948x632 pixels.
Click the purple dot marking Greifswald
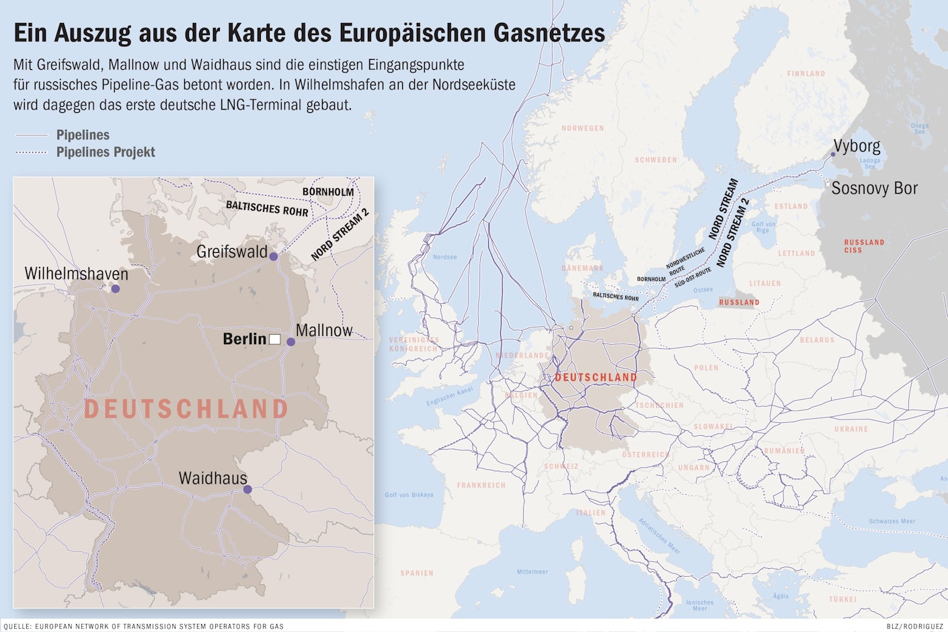pyautogui.click(x=274, y=256)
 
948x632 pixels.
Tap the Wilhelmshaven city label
pyautogui.click(x=76, y=274)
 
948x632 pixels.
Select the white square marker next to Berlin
pyautogui.click(x=274, y=339)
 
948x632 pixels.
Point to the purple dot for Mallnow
pyautogui.click(x=291, y=342)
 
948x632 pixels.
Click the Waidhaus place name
pyautogui.click(x=212, y=478)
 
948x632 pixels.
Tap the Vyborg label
pyautogui.click(x=857, y=146)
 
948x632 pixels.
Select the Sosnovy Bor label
pyautogui.click(x=874, y=188)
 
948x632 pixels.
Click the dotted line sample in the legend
pyautogui.click(x=31, y=153)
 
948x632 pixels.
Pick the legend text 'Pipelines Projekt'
pyautogui.click(x=106, y=152)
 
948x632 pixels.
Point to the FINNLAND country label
pyautogui.click(x=805, y=74)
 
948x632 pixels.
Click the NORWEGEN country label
pyautogui.click(x=582, y=128)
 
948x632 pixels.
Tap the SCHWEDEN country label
pyautogui.click(x=656, y=160)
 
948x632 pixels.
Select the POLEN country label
pyautogui.click(x=706, y=368)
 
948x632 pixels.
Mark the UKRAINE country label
pyautogui.click(x=851, y=429)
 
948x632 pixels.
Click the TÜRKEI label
pyautogui.click(x=842, y=599)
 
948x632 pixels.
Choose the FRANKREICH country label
pyautogui.click(x=481, y=485)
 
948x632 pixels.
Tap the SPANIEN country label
pyautogui.click(x=417, y=574)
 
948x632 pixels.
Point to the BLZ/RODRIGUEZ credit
pyautogui.click(x=914, y=627)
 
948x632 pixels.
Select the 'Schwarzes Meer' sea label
pyautogui.click(x=892, y=521)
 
